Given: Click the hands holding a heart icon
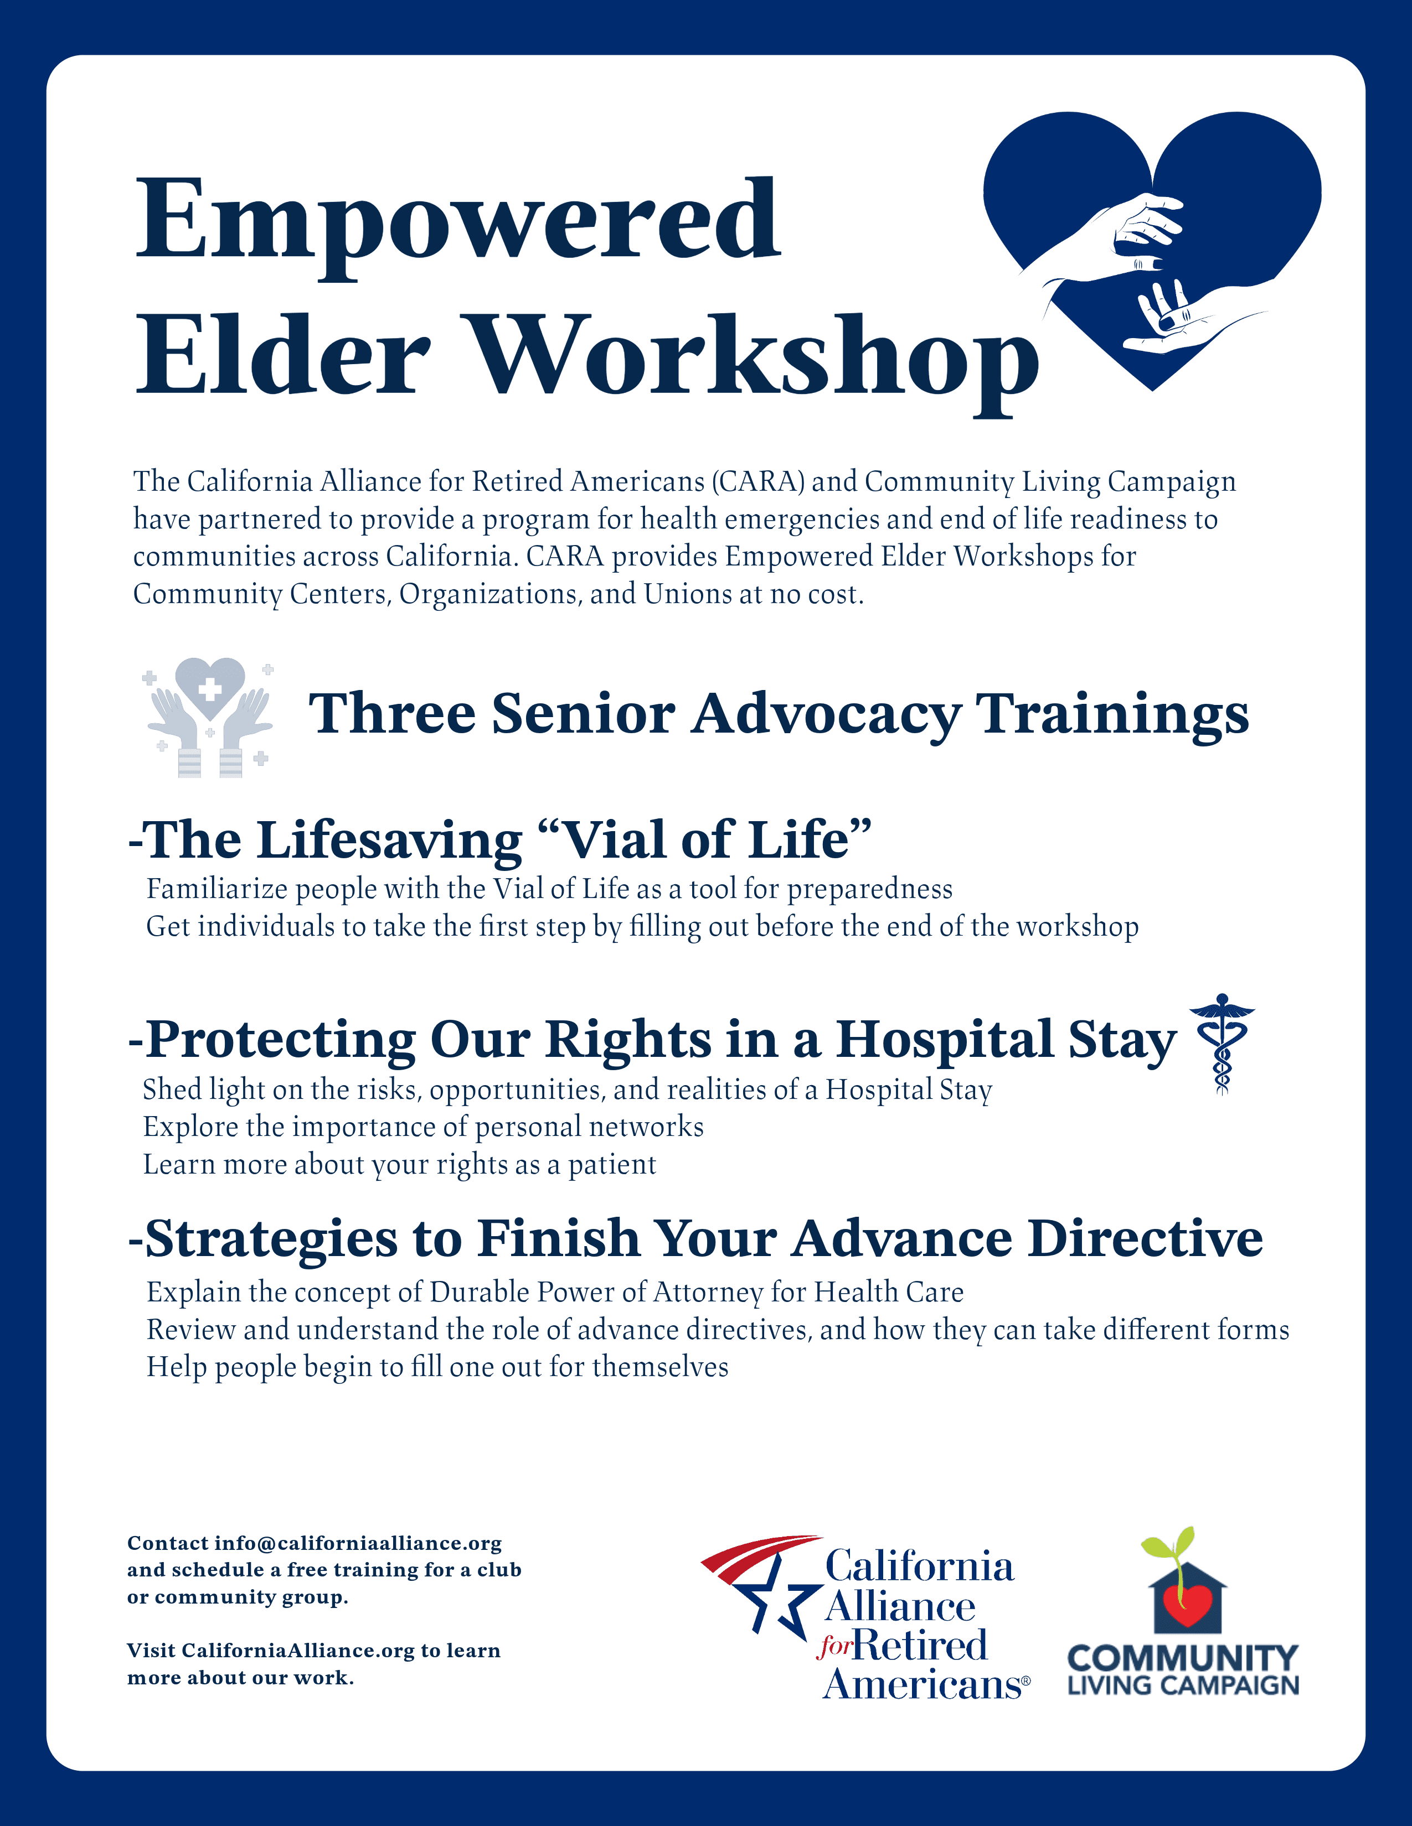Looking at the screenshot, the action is point(209,717).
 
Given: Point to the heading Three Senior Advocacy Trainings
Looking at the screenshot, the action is point(779,715).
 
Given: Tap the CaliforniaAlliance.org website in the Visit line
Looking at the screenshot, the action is point(298,1651).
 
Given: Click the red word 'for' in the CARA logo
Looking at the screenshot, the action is point(835,1646).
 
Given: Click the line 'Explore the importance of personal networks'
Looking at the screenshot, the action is point(423,1127).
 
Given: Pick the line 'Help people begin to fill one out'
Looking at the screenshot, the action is point(437,1367).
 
